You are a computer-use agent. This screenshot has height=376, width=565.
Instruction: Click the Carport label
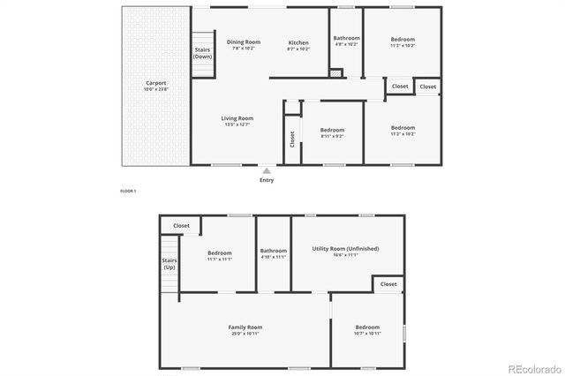point(155,84)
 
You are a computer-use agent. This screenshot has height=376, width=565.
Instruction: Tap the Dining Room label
point(244,41)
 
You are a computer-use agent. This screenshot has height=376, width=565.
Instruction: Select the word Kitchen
point(299,42)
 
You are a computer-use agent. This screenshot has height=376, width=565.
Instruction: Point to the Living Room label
point(237,118)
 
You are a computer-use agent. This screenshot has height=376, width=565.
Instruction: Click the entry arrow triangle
point(267,169)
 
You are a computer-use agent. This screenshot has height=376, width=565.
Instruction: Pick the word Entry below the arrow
point(267,180)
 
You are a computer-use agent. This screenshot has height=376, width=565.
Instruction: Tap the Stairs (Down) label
point(203,53)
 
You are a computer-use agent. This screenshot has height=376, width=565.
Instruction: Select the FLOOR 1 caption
point(128,191)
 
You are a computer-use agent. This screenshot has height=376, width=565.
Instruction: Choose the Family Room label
point(245,327)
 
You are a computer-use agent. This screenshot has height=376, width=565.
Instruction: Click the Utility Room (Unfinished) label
point(346,249)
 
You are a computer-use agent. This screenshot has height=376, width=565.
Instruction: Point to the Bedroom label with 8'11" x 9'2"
point(332,130)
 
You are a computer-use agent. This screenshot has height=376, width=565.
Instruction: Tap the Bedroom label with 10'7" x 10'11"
point(367,327)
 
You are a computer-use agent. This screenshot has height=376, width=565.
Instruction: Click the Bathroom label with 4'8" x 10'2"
point(346,38)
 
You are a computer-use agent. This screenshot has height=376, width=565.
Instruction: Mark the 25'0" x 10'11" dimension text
point(245,335)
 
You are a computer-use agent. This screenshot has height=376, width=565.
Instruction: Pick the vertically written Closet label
point(292,139)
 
